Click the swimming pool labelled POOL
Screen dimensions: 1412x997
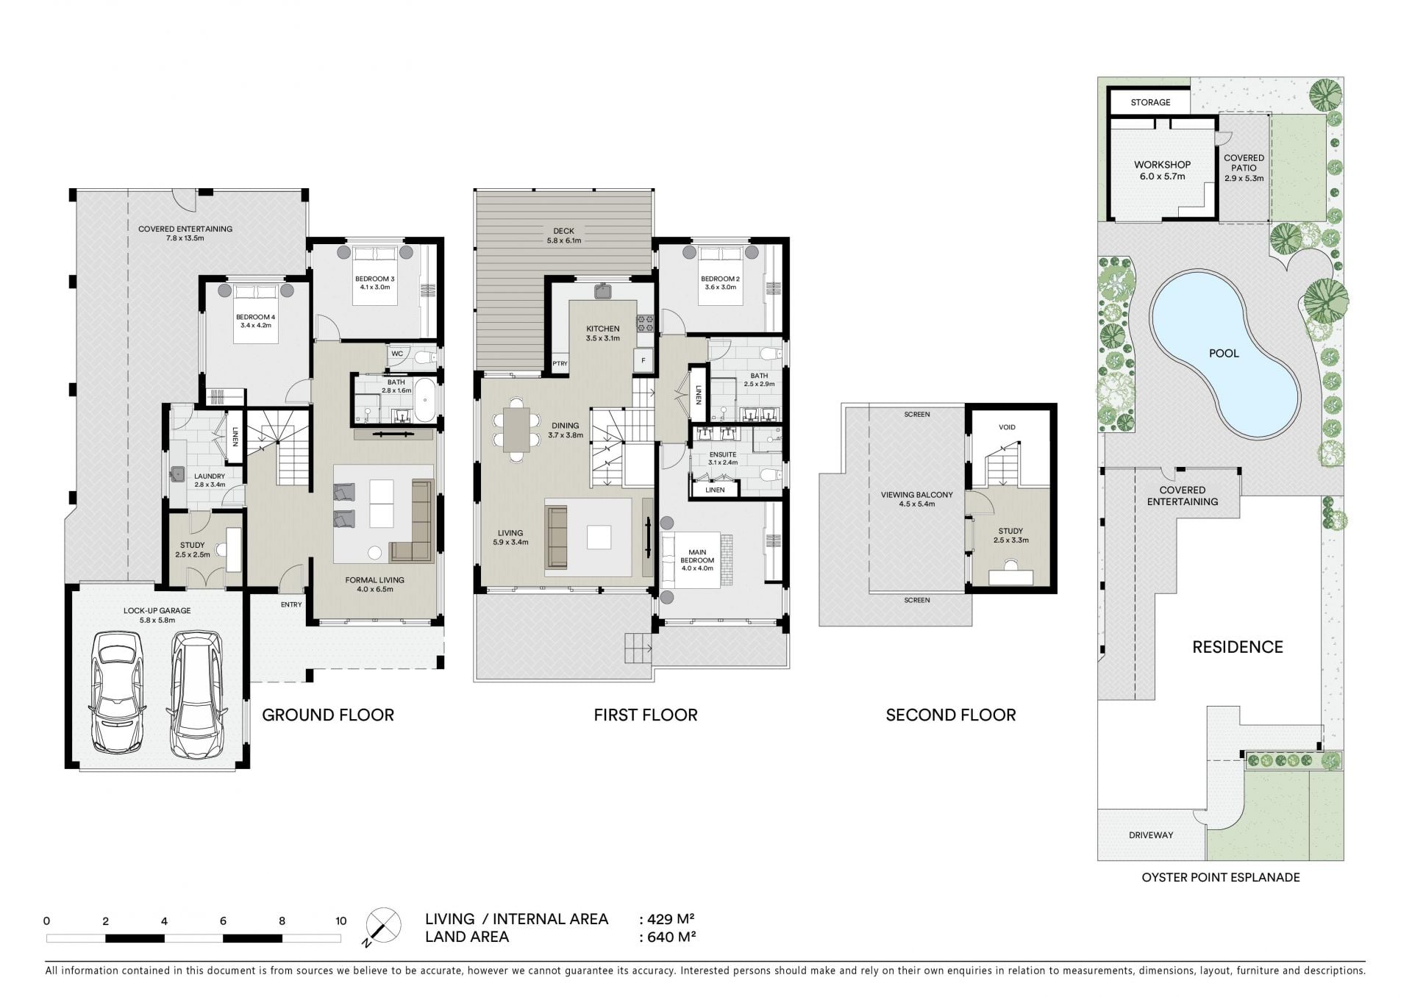pos(1224,354)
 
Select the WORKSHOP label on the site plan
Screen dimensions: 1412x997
pos(1162,165)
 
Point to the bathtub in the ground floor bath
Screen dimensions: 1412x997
pos(425,400)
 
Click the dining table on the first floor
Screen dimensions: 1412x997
pos(517,429)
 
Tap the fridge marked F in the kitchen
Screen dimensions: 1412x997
pos(643,360)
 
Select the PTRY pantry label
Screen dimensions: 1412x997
pos(560,363)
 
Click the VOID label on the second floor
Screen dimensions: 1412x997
pos(1007,427)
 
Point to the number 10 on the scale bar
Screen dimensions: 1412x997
pos(340,921)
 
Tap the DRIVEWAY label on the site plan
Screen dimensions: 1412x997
pos(1151,835)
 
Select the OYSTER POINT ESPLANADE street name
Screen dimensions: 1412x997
pos(1221,877)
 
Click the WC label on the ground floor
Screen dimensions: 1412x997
pos(397,354)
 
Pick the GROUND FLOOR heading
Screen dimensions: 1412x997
pos(328,715)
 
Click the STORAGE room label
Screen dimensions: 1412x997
pos(1150,102)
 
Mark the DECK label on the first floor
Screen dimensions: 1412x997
pos(563,231)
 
